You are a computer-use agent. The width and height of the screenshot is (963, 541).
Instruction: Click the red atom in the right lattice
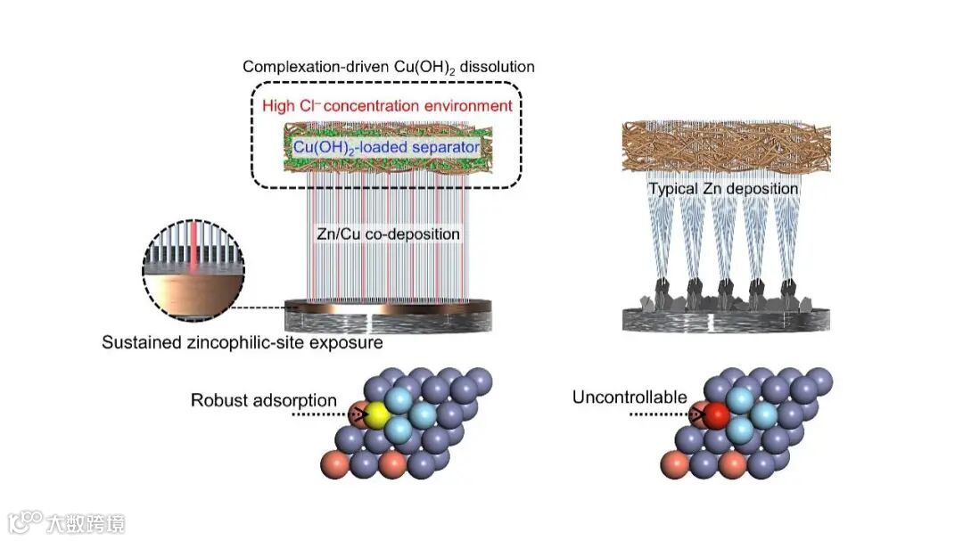click(x=718, y=414)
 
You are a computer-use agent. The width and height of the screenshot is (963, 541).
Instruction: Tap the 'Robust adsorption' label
click(x=264, y=400)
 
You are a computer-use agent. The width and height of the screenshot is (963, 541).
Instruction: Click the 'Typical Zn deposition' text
click(x=723, y=189)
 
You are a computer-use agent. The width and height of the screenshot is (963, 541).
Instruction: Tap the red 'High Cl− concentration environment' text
click(x=387, y=106)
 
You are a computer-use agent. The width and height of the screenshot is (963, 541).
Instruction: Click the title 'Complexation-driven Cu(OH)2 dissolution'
click(x=389, y=67)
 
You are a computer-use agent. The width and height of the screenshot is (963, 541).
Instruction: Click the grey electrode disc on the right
click(x=726, y=319)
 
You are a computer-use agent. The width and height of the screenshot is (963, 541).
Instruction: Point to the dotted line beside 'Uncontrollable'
click(x=660, y=414)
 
